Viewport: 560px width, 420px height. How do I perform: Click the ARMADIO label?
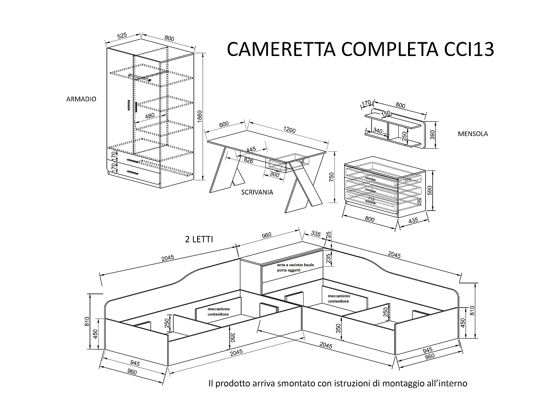[x=81, y=99]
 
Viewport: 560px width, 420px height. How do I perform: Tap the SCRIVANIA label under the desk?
[x=257, y=192]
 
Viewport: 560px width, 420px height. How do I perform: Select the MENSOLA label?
[x=473, y=134]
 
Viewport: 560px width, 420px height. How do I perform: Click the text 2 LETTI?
[x=199, y=239]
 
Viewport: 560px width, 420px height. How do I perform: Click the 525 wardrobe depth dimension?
[x=122, y=36]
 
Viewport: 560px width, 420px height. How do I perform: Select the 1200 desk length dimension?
[x=289, y=130]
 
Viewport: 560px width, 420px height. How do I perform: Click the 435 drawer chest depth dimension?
[x=413, y=221]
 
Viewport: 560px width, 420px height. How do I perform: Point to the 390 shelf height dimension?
[x=433, y=135]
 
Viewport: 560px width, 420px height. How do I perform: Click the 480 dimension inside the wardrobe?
[x=149, y=116]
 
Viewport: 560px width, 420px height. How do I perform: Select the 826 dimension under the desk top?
[x=249, y=160]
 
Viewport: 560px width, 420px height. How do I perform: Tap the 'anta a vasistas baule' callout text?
[x=295, y=265]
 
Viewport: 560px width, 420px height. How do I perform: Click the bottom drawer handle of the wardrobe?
[x=132, y=172]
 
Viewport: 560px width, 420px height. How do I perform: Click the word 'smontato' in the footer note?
[x=295, y=383]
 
